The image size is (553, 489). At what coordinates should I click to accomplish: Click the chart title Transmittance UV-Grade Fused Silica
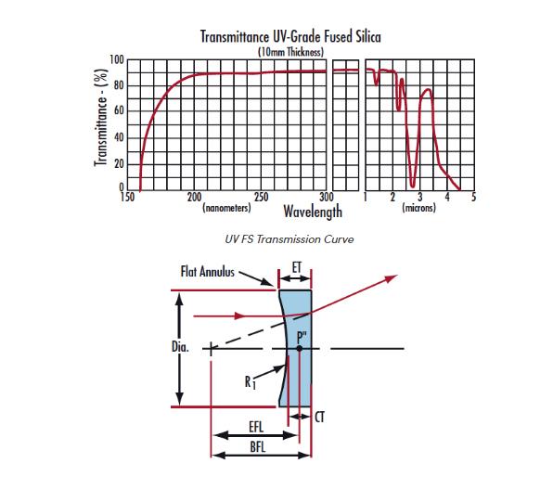290,37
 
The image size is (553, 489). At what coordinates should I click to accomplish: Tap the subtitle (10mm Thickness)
290,52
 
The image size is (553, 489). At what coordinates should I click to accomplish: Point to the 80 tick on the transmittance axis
119,85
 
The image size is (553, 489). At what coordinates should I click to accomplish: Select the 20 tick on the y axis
119,164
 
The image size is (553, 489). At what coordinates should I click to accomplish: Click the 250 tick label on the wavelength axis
261,197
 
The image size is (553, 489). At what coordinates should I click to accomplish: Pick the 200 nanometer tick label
194,197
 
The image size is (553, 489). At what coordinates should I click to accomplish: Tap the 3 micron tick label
419,197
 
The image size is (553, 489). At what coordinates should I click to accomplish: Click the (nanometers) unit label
226,208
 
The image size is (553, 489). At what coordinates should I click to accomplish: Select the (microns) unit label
419,208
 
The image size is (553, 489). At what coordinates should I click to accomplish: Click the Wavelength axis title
313,212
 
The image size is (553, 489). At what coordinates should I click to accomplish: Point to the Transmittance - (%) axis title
100,117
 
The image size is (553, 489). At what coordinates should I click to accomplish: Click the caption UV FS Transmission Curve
289,239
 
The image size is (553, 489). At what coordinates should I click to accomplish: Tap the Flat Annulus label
208,272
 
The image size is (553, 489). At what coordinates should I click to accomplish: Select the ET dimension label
297,268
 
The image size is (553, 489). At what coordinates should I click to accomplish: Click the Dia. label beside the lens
180,347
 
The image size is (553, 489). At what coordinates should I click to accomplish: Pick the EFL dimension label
256,427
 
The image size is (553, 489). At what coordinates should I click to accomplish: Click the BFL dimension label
258,447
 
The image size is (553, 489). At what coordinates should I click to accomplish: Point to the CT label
319,418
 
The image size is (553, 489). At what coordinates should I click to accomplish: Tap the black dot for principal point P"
300,349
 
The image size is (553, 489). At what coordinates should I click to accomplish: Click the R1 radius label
250,382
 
